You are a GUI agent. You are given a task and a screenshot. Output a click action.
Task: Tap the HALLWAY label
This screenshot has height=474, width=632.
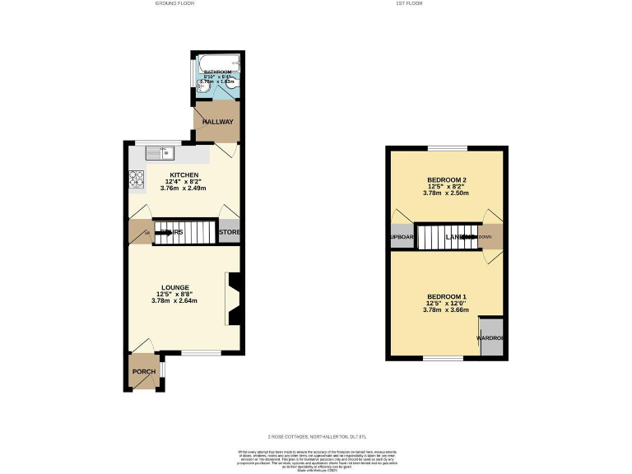click(219, 122)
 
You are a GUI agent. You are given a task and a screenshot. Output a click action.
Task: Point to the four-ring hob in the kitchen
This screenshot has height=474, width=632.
click(135, 178)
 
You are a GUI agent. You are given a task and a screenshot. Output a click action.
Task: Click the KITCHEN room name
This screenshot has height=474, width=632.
click(185, 175)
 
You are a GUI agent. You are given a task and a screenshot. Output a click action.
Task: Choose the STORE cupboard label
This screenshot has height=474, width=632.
click(230, 232)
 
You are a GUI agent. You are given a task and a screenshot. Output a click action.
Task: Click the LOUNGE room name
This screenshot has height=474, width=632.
click(174, 287)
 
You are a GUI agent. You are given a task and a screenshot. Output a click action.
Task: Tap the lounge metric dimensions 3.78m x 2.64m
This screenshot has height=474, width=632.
click(174, 300)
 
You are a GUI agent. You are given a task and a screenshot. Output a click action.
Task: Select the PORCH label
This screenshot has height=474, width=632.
click(144, 372)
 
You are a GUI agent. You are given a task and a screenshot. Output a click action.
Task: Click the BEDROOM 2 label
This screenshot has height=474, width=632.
click(447, 180)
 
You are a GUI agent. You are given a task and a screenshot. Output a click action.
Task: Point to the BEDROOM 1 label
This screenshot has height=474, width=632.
click(447, 296)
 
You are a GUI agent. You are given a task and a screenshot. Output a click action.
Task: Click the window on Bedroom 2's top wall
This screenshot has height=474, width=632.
click(447, 148)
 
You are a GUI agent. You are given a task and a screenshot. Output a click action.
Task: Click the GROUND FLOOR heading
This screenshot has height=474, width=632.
click(174, 4)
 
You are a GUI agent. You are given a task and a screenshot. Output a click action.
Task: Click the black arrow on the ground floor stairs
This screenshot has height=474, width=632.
click(163, 232)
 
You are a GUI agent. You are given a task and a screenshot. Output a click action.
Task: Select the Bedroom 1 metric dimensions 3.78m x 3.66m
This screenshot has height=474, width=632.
click(447, 309)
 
